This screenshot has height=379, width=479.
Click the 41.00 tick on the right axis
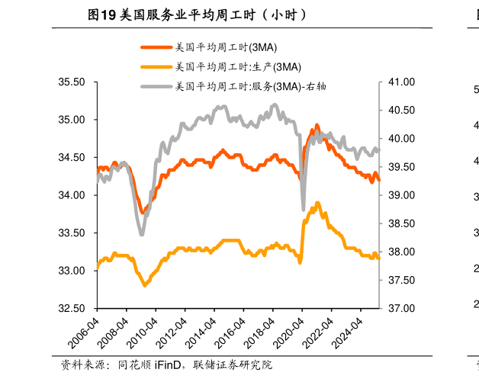pos(401,82)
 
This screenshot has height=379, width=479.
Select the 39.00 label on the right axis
pos(401,195)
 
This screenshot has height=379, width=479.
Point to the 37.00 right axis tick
pos(401,309)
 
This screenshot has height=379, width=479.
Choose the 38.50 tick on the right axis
pos(401,223)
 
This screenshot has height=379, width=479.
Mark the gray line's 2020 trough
pos(303,209)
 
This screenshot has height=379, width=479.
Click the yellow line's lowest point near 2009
pos(144,285)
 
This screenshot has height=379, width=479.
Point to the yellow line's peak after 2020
pos(317,203)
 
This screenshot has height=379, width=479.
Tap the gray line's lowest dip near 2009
pos(142,233)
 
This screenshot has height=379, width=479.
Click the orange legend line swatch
pos(156,47)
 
